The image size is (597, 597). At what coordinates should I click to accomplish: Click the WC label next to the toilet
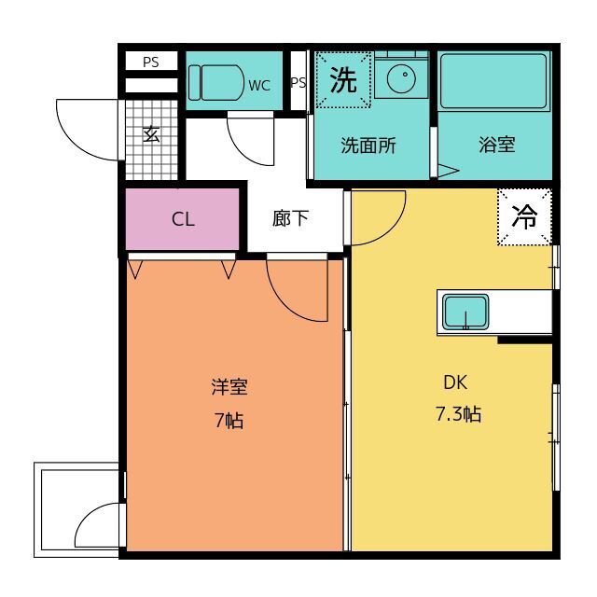tap(259, 86)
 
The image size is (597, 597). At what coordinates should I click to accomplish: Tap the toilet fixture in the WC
tap(215, 83)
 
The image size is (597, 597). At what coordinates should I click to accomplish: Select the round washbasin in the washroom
tap(402, 78)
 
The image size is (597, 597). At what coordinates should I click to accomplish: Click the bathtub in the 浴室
tap(493, 81)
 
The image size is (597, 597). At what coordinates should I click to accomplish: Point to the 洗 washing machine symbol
tap(343, 79)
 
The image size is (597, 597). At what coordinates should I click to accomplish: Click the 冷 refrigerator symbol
tap(524, 217)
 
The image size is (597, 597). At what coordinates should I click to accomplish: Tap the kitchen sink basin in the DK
tap(465, 312)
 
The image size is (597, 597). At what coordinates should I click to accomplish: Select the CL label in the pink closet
tap(183, 220)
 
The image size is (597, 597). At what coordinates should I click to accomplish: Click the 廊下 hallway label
tap(290, 218)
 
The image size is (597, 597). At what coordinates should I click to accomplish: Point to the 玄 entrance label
tap(151, 134)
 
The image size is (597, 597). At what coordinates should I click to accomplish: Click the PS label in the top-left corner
tap(151, 62)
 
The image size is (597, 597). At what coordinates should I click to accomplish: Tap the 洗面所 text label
tap(368, 146)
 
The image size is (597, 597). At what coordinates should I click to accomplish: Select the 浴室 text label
tap(497, 145)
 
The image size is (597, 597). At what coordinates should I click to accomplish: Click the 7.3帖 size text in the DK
tap(458, 413)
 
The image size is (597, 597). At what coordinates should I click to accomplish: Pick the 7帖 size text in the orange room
tap(229, 421)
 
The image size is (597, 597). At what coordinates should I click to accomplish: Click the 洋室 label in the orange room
tap(229, 387)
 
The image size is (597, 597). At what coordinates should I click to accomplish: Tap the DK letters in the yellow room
tap(455, 382)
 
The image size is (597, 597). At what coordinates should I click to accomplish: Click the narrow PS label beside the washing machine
tap(298, 82)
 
